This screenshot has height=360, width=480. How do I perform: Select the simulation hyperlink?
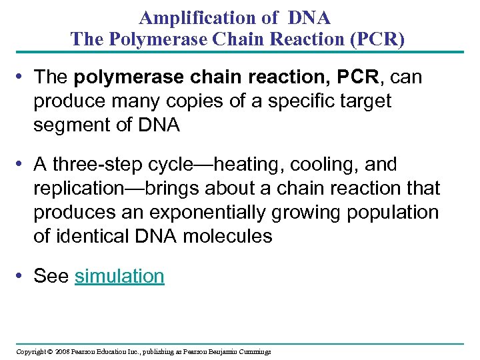click(x=119, y=276)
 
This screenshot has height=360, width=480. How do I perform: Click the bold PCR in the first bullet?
click(x=356, y=77)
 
